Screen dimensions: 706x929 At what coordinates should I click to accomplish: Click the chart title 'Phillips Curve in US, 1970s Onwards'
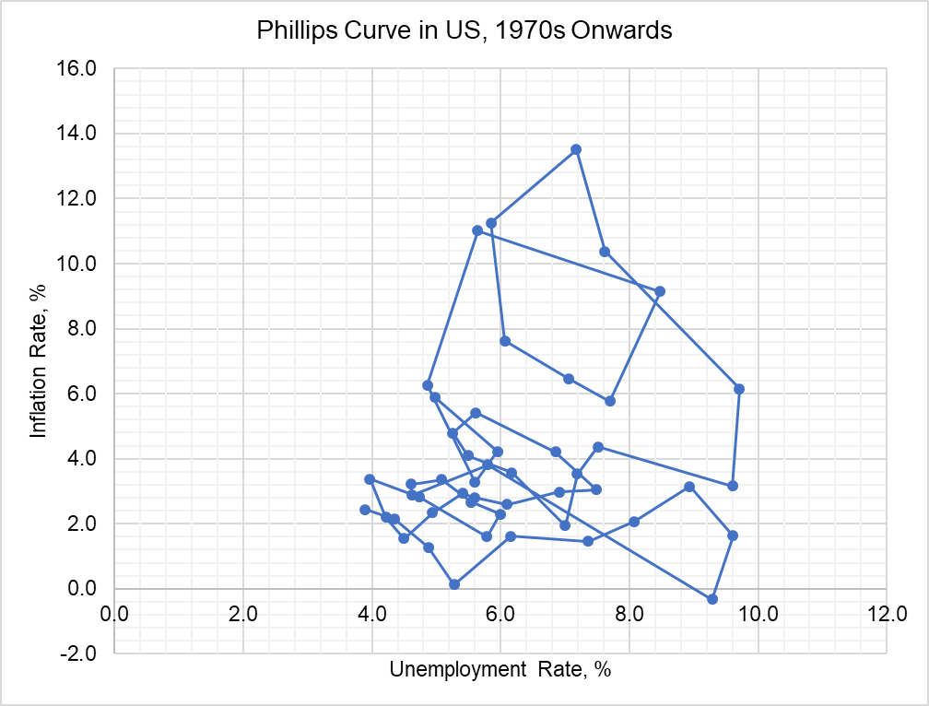(464, 30)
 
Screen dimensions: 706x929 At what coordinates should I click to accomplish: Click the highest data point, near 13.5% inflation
(576, 149)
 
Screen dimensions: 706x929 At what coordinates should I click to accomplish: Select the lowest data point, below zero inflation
(712, 599)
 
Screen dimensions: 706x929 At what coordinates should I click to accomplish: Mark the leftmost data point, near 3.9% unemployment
(365, 510)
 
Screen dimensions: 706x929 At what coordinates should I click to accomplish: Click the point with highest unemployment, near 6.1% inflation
(738, 389)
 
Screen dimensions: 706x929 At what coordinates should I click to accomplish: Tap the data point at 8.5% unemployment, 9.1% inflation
(660, 291)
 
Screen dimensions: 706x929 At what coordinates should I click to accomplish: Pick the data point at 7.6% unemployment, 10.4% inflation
(605, 252)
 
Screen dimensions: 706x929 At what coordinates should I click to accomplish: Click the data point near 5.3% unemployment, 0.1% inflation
(454, 584)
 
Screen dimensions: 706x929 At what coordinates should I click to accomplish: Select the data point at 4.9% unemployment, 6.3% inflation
(428, 385)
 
